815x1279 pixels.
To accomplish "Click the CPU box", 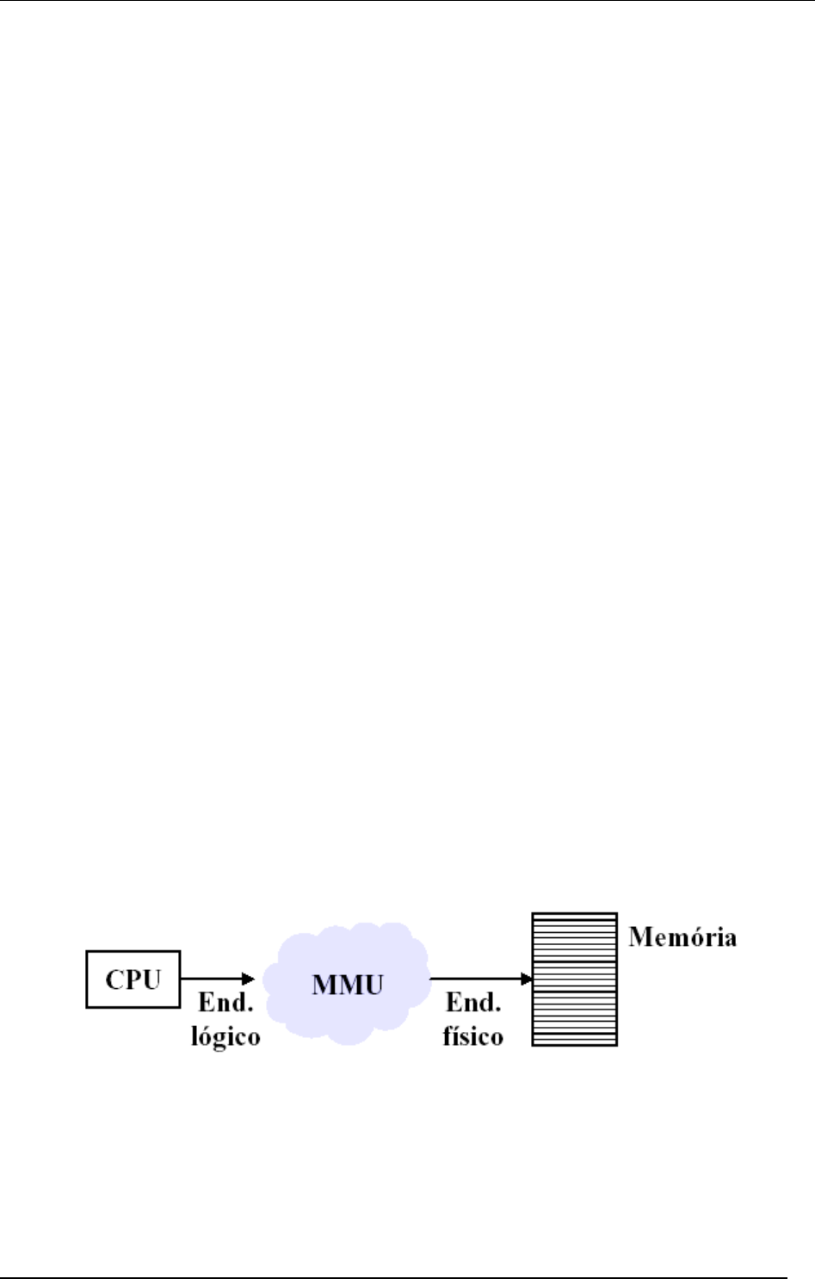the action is click(x=133, y=979).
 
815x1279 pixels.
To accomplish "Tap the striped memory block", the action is click(x=574, y=979).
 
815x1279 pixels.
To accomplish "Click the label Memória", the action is click(x=682, y=937).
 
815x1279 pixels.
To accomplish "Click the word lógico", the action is click(x=225, y=1035).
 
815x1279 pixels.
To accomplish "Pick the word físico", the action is click(x=472, y=1035).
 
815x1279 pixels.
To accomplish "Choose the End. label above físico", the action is click(x=472, y=1004).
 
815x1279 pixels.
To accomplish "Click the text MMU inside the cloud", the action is click(x=347, y=984).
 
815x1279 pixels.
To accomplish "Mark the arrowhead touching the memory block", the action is click(x=527, y=979).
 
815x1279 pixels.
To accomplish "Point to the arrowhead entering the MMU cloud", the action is click(x=249, y=979).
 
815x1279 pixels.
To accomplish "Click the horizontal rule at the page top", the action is click(x=407, y=1).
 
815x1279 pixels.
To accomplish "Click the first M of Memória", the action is click(x=639, y=937).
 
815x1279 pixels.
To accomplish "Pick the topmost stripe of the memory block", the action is click(x=574, y=916).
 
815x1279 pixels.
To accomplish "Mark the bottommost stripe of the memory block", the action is click(x=574, y=1042).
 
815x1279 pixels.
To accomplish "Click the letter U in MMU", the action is click(x=371, y=984).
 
